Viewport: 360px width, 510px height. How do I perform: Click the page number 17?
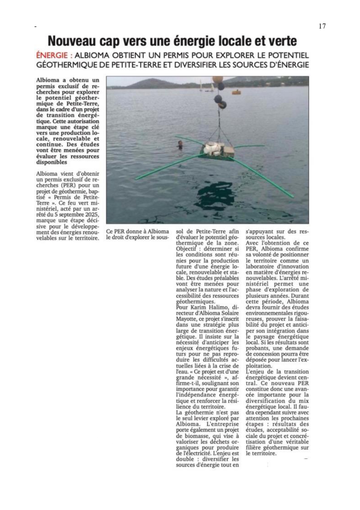click(x=322, y=26)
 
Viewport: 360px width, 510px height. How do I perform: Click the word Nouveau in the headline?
click(x=71, y=41)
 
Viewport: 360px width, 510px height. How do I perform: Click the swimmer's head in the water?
click(x=180, y=143)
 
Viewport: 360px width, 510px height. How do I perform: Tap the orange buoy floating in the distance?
click(x=237, y=92)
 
